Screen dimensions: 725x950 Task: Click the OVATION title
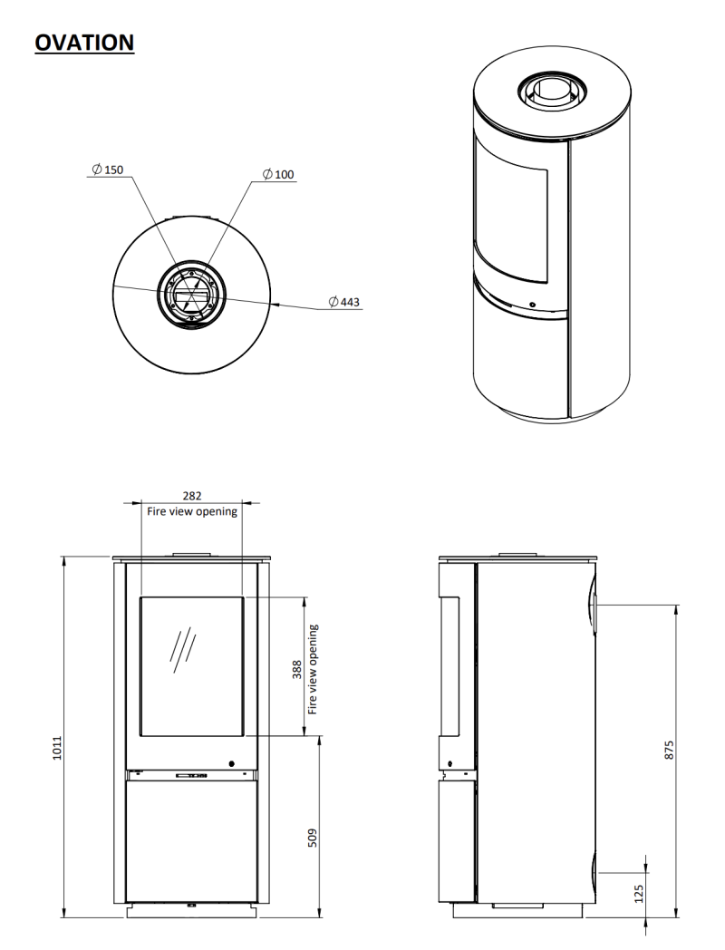(84, 43)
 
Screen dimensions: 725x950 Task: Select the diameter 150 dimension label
(107, 170)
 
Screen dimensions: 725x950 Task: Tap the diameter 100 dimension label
(278, 174)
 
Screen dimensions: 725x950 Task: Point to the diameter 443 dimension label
(343, 302)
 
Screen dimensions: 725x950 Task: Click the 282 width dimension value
(192, 496)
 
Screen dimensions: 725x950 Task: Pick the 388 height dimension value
(297, 670)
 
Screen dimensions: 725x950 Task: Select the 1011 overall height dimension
(57, 748)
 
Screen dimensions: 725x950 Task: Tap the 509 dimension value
(313, 838)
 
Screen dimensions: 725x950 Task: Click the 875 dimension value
(669, 750)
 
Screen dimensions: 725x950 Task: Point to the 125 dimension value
(638, 894)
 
